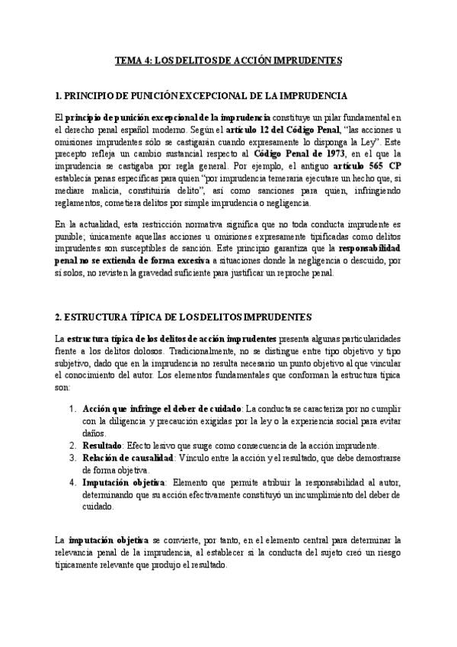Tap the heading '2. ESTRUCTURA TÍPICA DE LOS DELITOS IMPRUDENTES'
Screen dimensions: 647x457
pyautogui.click(x=184, y=316)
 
